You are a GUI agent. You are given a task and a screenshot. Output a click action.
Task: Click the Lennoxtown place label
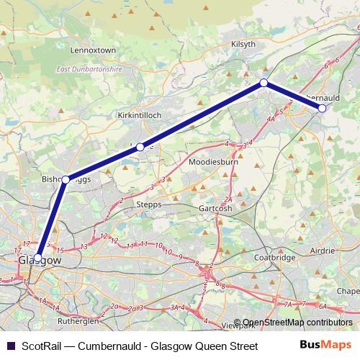[93, 50]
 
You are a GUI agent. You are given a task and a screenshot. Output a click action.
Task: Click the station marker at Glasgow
[37, 257]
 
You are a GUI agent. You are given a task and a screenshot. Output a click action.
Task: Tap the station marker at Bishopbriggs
[66, 179]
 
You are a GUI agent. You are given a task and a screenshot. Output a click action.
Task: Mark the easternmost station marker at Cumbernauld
[322, 108]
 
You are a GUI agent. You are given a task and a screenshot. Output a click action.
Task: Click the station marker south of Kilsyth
[264, 83]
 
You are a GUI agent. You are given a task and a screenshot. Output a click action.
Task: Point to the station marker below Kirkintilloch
[140, 147]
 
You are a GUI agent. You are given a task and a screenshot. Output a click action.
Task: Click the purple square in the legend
[10, 346]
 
